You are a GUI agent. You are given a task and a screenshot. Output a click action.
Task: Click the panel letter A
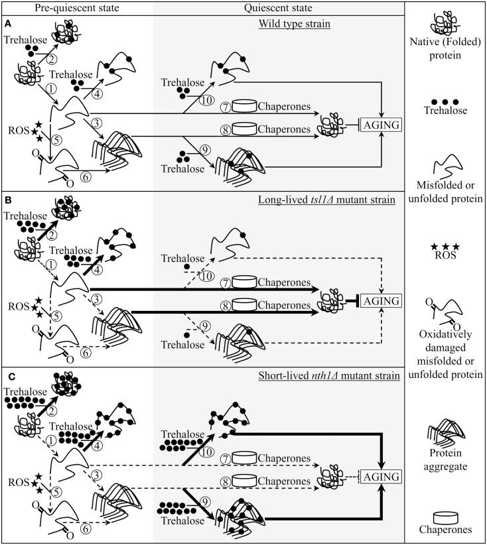[7, 23]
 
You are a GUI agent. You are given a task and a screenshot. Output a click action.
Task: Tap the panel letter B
[7, 199]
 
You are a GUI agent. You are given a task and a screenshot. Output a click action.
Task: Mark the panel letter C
[7, 375]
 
